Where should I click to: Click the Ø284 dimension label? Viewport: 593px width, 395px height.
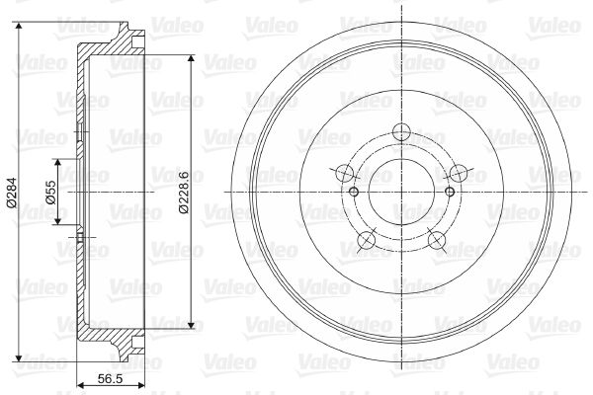(11, 192)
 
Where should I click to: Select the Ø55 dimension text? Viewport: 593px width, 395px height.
(50, 192)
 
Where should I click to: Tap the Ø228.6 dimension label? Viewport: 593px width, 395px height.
(184, 193)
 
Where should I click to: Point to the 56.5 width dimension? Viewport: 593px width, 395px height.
(110, 378)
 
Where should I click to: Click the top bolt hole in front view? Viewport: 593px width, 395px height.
(401, 132)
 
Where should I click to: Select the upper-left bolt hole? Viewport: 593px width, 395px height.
(345, 174)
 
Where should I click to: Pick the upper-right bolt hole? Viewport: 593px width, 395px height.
(459, 174)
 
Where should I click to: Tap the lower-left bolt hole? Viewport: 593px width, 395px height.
(366, 240)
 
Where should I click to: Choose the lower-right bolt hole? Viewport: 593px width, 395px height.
(437, 240)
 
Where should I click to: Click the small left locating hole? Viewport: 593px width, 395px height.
(354, 192)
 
